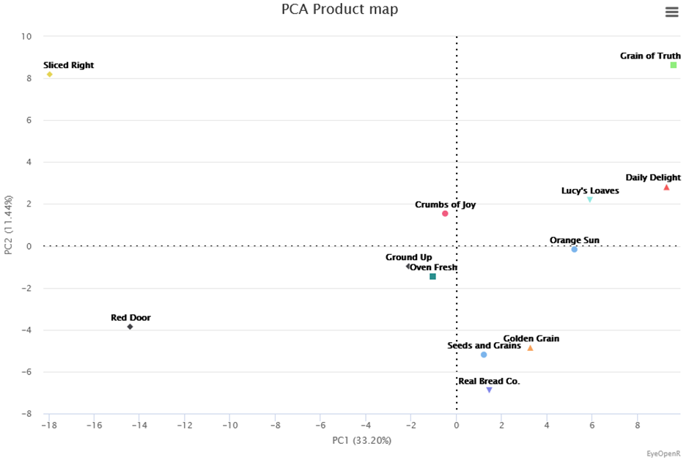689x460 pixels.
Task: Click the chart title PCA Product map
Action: point(339,10)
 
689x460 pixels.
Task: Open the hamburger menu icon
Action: point(671,12)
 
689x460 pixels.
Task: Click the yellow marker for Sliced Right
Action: point(49,74)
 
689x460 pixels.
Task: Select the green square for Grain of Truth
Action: point(674,65)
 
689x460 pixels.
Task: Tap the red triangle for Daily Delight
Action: point(666,188)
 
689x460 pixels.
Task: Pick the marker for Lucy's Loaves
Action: point(589,199)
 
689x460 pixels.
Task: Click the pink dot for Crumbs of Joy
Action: point(445,214)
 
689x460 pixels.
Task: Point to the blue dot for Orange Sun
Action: point(574,250)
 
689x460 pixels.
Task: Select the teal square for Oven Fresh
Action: point(432,277)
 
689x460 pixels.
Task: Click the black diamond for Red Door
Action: point(130,327)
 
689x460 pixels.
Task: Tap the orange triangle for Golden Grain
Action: point(530,348)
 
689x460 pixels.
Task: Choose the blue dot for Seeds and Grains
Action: point(484,355)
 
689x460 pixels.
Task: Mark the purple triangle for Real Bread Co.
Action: point(489,390)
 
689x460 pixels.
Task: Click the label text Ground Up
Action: point(408,257)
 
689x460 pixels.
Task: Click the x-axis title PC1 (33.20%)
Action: point(361,440)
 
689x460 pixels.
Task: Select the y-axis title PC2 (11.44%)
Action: point(9,225)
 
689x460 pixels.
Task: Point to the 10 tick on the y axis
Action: point(28,36)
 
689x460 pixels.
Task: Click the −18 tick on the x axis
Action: point(49,425)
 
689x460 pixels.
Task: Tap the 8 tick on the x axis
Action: point(637,425)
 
